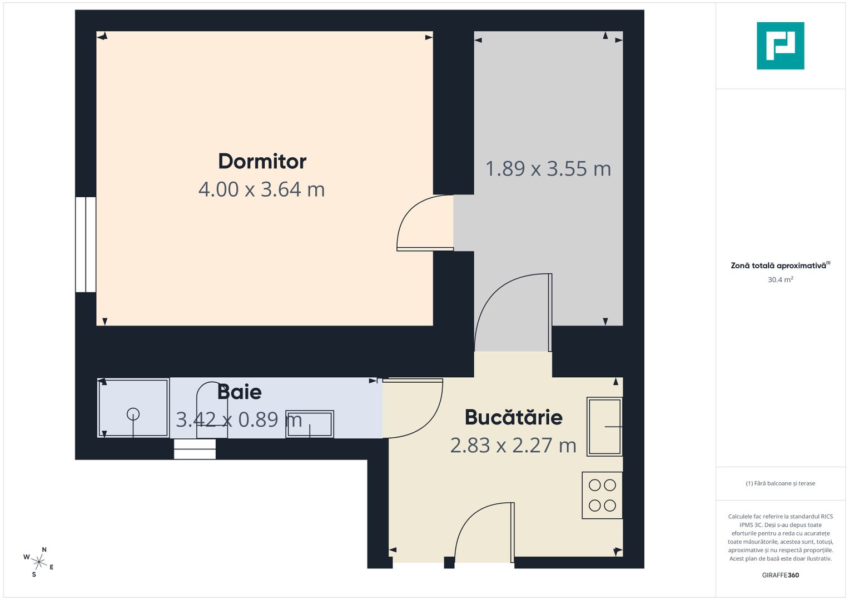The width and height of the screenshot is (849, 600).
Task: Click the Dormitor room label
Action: coord(262,162)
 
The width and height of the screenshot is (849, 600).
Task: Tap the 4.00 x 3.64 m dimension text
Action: coord(261,189)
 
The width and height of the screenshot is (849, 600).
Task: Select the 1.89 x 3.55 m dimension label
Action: coord(548,169)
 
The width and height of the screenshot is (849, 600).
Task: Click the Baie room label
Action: coord(240,392)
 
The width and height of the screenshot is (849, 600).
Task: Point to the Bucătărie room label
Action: coord(513,417)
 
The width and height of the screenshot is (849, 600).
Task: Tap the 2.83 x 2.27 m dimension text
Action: coord(513,446)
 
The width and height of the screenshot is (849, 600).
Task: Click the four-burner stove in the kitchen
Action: coord(602,495)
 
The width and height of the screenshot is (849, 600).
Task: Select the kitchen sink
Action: coord(604,426)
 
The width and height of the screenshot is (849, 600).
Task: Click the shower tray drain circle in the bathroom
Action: coord(133,414)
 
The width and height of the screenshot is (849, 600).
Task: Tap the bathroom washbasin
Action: coord(310,424)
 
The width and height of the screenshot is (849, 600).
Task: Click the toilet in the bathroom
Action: coord(212,411)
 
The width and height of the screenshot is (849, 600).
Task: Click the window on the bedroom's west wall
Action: coord(86,244)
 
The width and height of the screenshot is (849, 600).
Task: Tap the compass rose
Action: coord(39,562)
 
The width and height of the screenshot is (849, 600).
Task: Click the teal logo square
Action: coord(780,46)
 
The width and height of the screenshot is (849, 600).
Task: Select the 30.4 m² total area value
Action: coord(780,280)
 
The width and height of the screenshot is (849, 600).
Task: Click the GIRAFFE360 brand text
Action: coord(780,575)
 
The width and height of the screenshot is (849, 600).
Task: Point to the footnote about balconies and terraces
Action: coord(780,483)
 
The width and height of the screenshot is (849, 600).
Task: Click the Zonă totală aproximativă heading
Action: coord(780,266)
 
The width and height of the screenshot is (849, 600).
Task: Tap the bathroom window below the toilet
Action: coord(195,449)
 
